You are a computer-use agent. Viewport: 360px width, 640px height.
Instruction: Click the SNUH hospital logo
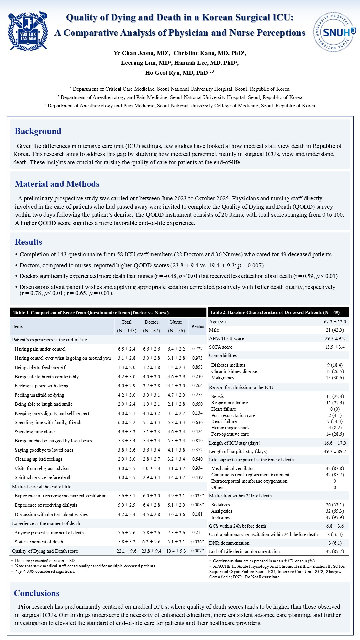334,32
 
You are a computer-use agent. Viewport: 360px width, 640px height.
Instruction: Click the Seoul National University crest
28,31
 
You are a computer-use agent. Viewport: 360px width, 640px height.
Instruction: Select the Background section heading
38,131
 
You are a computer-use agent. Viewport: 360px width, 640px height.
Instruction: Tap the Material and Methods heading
57,184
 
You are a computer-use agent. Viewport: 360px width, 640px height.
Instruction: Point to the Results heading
28,242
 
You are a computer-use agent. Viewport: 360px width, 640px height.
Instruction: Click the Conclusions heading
37,593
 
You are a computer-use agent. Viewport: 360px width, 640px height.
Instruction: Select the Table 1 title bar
108,313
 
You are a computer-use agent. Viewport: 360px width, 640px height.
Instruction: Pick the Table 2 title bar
278,312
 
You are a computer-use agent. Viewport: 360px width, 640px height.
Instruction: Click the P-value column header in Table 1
197,327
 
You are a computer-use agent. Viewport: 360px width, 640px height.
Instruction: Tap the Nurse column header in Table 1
176,322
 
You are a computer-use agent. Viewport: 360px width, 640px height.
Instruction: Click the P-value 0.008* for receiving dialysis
197,505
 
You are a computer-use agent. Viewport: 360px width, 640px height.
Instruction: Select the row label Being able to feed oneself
40,367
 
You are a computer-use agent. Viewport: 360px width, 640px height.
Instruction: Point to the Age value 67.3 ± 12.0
335,322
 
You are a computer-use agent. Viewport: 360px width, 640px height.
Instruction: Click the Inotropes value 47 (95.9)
335,517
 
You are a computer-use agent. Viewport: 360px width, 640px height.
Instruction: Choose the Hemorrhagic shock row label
230,428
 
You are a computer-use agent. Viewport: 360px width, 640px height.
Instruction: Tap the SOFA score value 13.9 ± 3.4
335,347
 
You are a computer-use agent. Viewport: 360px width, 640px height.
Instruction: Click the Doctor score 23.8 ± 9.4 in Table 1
151,551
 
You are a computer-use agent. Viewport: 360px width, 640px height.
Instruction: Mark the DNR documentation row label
229,543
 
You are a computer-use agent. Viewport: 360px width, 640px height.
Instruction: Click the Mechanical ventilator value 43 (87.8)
335,468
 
